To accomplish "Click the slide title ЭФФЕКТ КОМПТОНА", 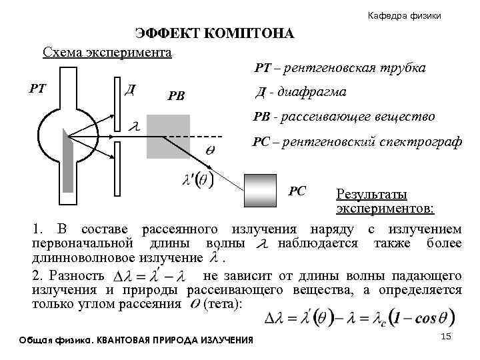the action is tap(214, 34).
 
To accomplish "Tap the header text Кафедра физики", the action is tap(405, 15).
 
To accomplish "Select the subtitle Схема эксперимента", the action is tap(107, 51).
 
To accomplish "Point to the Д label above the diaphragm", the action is tap(131, 88).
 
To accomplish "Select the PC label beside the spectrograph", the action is tap(297, 191).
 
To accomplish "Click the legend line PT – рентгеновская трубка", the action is tap(340, 68).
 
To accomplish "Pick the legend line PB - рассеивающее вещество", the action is tap(344, 117).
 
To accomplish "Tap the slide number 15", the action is tap(447, 339).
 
